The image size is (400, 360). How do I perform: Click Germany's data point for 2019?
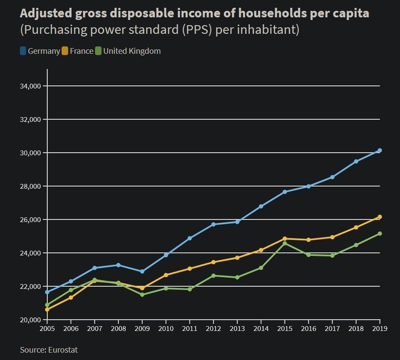click(x=380, y=151)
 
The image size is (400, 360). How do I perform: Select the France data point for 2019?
click(x=380, y=217)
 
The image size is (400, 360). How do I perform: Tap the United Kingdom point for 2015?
click(x=285, y=243)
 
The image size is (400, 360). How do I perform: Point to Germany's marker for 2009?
click(x=142, y=272)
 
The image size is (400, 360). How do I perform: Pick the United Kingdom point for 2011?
click(x=190, y=289)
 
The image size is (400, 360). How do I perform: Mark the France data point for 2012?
click(x=213, y=262)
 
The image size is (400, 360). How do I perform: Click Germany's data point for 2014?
click(x=261, y=206)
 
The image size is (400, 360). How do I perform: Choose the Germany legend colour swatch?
click(x=23, y=51)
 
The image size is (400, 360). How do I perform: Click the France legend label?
click(x=81, y=51)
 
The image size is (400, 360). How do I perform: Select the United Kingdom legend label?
click(x=132, y=51)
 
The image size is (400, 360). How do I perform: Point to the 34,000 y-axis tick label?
click(x=30, y=86)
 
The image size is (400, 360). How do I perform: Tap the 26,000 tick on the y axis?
click(x=30, y=220)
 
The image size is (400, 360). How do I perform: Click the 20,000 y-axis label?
click(x=30, y=320)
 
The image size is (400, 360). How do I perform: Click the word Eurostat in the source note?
click(x=63, y=350)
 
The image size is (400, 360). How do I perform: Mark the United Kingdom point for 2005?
click(x=47, y=305)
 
